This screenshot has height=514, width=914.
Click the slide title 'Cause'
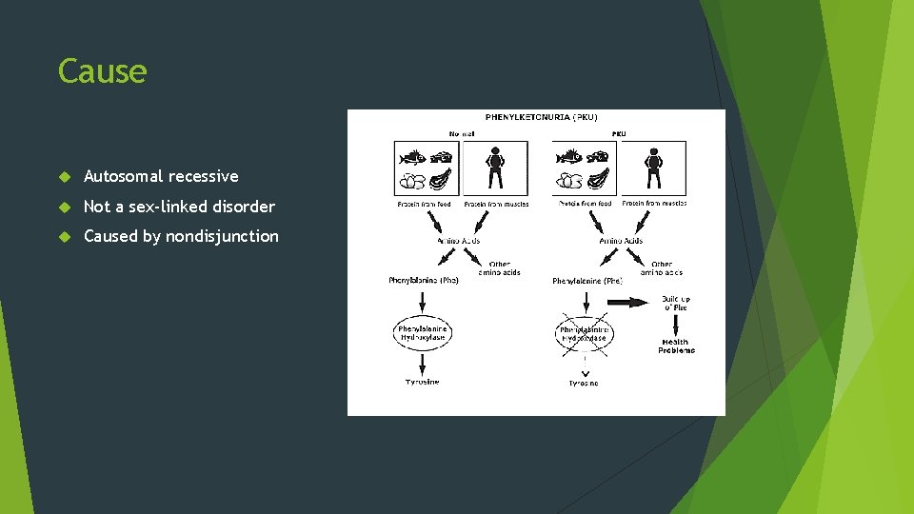[102, 71]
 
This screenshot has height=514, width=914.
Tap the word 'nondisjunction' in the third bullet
[222, 236]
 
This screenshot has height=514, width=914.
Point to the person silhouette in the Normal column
[494, 168]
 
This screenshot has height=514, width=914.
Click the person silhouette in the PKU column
[653, 168]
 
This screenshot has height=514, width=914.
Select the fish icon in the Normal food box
[413, 157]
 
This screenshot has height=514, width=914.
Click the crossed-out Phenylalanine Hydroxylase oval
[584, 333]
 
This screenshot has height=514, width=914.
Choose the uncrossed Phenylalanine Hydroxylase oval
[423, 333]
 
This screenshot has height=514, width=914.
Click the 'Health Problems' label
[676, 346]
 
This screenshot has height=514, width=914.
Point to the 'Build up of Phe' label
[676, 303]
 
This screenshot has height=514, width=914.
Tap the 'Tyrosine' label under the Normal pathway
[423, 383]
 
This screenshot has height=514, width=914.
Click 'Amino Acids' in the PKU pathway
[620, 241]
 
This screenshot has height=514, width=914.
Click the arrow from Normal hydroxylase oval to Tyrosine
[423, 365]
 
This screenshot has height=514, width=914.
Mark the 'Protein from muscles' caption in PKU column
[654, 203]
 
